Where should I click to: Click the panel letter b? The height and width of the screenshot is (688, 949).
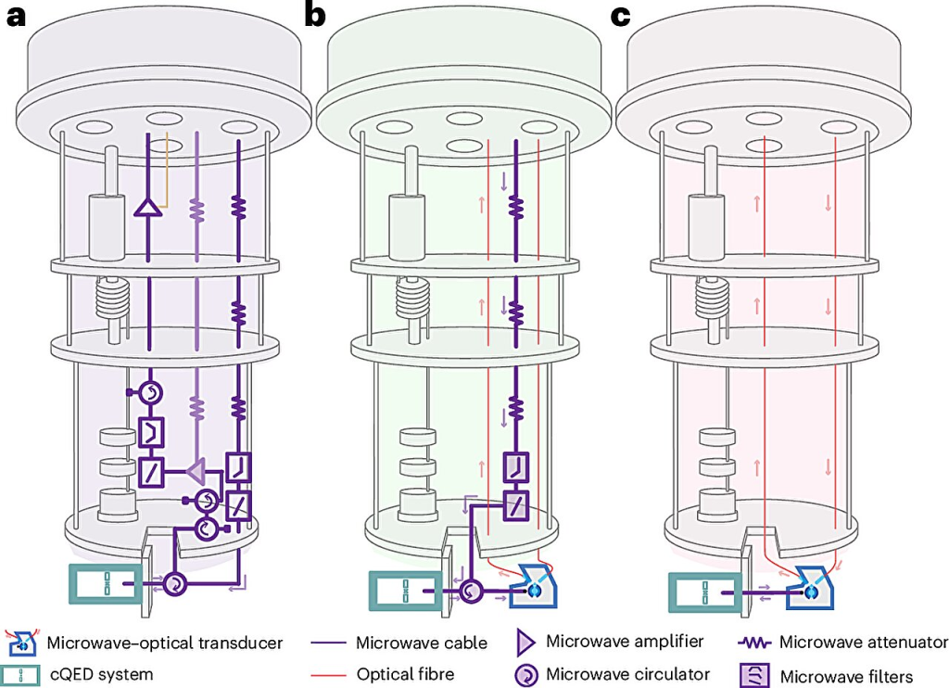315,14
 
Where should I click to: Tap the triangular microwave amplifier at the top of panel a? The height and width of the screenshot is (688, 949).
147,208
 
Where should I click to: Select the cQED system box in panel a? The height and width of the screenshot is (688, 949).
105,583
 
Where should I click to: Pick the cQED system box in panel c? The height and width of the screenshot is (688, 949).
704,592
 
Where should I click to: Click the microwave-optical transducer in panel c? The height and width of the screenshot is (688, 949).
810,587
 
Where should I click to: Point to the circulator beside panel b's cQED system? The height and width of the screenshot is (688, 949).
471,591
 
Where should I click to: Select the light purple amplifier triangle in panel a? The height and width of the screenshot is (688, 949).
196,471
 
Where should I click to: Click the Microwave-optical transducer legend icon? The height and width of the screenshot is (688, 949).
21,643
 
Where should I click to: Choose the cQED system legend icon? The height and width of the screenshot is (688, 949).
20,675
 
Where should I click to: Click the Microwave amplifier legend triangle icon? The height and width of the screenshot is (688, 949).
525,642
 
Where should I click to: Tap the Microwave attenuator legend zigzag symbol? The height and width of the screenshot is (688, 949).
754,643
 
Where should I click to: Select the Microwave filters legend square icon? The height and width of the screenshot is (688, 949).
754,675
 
